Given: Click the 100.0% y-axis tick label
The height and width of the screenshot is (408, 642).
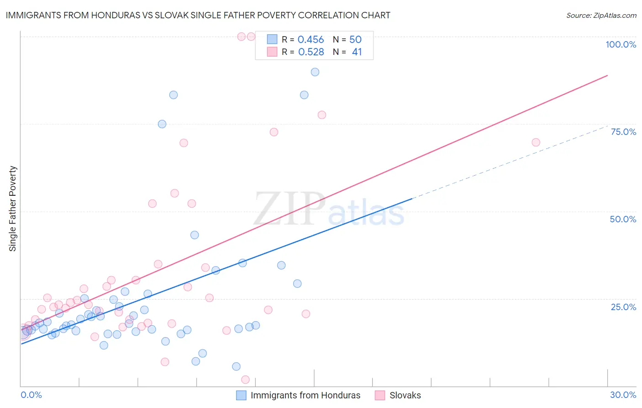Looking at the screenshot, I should [x=621, y=44].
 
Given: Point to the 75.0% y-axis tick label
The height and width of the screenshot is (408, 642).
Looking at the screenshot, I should [x=623, y=132].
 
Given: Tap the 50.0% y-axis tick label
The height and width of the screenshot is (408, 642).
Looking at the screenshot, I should [x=623, y=219].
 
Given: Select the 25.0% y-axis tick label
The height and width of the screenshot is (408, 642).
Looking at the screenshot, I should [x=623, y=306].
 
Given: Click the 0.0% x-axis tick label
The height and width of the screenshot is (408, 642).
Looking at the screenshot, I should [x=31, y=395].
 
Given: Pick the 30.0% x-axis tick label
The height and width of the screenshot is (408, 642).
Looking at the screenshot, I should [x=623, y=395].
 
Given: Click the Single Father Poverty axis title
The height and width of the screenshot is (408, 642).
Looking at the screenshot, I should [x=13, y=209].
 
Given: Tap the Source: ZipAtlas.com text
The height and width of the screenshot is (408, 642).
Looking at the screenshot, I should [x=601, y=15].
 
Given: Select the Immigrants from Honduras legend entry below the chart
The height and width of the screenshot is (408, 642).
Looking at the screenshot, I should [x=305, y=395].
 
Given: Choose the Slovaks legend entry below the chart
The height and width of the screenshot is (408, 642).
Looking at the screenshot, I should [x=405, y=395].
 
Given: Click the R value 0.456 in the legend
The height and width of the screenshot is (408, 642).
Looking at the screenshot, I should [x=310, y=40].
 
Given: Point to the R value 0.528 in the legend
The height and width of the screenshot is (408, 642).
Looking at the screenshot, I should [x=311, y=52].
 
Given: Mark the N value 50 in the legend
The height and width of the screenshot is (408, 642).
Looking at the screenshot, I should [x=355, y=40].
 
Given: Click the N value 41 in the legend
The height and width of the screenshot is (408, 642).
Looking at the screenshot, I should [x=357, y=52].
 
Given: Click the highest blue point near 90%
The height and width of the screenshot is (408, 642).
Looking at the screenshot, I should [x=315, y=72].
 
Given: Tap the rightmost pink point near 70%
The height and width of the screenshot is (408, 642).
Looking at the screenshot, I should [x=536, y=142].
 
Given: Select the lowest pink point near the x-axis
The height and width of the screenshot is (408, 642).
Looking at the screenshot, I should [x=245, y=380].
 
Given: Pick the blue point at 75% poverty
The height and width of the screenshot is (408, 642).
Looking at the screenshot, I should [x=162, y=124].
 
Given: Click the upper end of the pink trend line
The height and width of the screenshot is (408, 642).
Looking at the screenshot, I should [x=607, y=75].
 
